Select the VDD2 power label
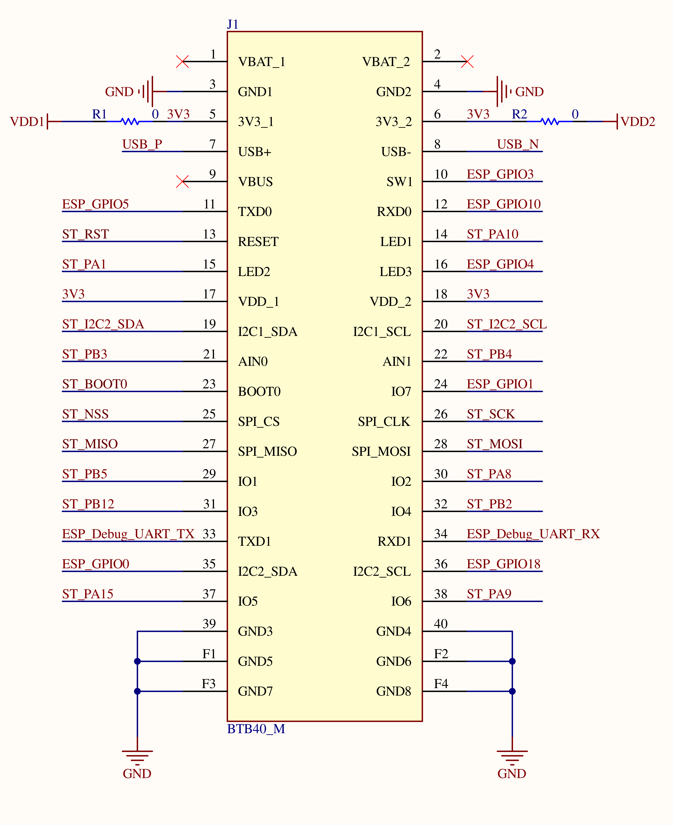click(x=638, y=122)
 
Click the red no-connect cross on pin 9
click(x=182, y=181)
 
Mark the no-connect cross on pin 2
click(x=467, y=61)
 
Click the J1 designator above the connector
click(x=233, y=24)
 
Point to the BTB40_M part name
click(x=256, y=729)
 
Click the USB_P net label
click(x=142, y=144)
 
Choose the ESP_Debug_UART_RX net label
click(x=533, y=534)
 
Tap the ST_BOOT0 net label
click(x=95, y=384)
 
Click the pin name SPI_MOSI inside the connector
click(x=381, y=451)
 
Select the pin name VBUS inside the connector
click(x=255, y=182)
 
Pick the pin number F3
click(x=209, y=684)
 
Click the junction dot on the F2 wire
click(x=512, y=661)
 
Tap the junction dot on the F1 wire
click(x=137, y=661)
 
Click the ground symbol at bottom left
click(x=137, y=757)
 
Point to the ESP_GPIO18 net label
click(x=503, y=564)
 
